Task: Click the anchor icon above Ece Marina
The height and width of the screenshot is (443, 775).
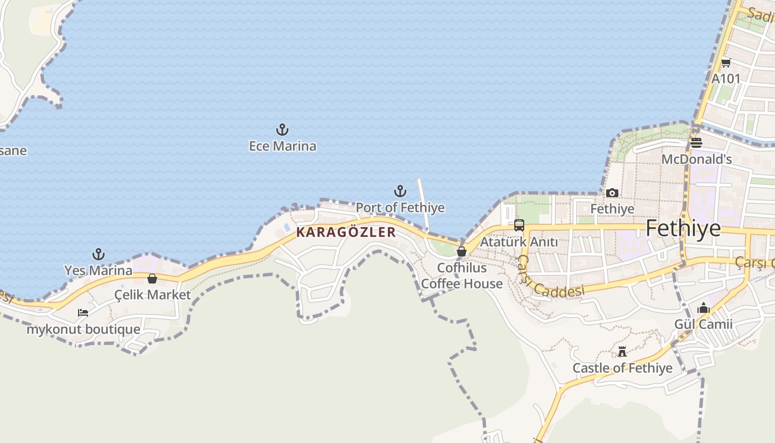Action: coord(282,130)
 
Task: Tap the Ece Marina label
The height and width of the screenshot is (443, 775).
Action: coord(282,146)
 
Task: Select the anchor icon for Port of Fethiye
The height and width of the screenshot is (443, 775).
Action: coord(400,192)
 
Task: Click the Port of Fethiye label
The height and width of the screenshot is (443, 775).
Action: coord(400,208)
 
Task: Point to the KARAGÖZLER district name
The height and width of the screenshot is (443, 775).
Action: coord(346,232)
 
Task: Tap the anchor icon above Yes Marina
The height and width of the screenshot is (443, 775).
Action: coord(98,255)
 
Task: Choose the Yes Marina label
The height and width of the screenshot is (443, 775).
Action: coord(98,271)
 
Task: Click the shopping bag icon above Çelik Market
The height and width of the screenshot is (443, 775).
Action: coord(152,278)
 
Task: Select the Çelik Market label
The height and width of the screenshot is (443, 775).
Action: coord(152,295)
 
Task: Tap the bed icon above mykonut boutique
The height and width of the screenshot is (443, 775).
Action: coord(83,313)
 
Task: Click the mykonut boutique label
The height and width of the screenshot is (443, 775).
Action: coord(83,329)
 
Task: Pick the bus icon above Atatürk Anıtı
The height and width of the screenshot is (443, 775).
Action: coord(519,225)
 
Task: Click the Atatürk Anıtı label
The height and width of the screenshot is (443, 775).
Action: coord(519,242)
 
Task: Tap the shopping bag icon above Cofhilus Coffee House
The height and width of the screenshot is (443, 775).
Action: coord(461,251)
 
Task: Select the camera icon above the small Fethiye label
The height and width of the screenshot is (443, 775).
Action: coord(612,193)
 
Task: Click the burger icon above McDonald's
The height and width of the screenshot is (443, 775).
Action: coord(696,143)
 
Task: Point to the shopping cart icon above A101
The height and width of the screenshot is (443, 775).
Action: coord(726,63)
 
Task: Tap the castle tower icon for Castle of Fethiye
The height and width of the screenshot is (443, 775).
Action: coord(622,352)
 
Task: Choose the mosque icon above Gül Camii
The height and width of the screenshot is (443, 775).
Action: coord(704,308)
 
